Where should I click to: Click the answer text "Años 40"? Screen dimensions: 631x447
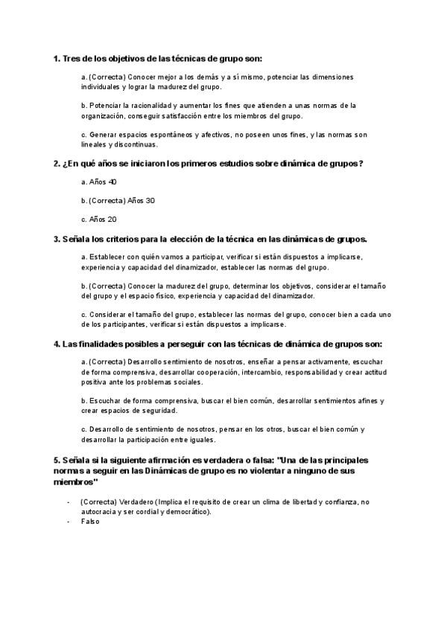pos(103,182)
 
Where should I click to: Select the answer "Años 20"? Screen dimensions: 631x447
pos(103,220)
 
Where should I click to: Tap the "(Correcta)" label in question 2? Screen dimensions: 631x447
pos(107,201)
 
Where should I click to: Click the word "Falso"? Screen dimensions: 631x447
pos(89,522)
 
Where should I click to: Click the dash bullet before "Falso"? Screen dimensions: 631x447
pos(68,522)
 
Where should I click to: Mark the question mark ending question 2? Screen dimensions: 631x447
pos(361,163)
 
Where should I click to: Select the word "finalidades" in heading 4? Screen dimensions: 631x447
pos(101,345)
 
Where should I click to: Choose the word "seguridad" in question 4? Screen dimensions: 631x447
pos(157,410)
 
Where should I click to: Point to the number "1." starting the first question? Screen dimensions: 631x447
pos(57,58)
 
